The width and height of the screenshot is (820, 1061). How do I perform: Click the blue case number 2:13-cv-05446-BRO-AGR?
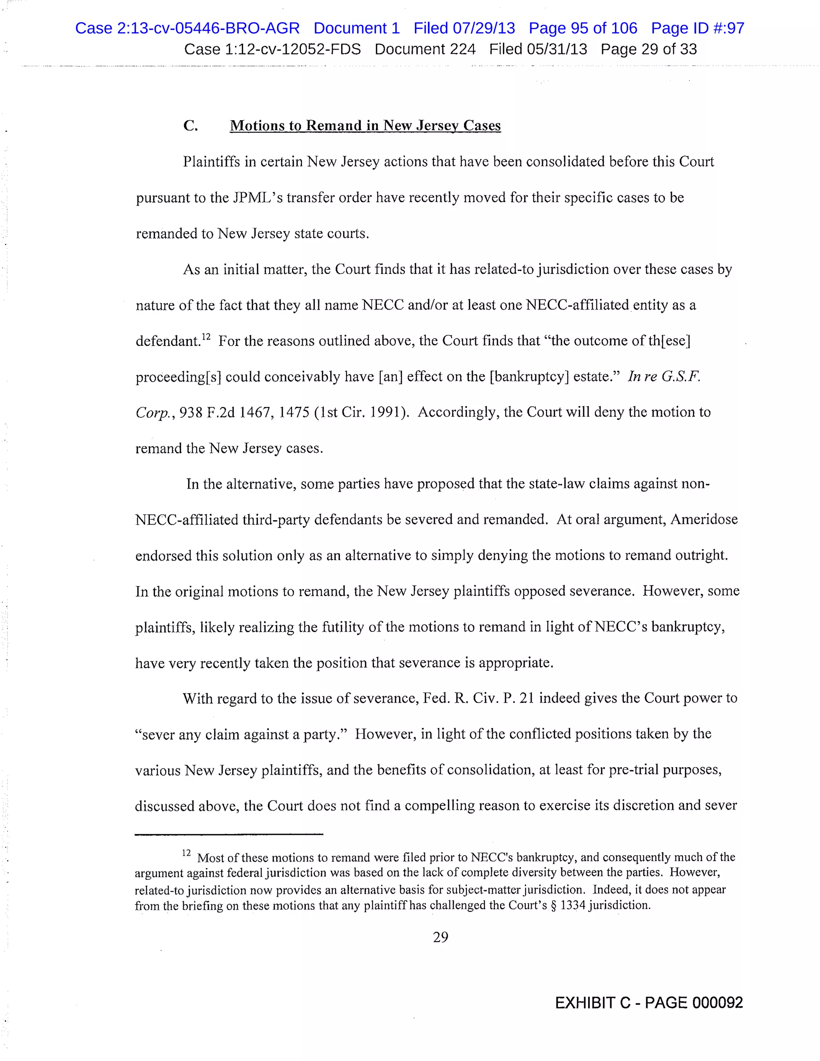tap(187, 28)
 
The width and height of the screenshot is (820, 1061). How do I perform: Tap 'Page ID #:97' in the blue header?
tap(697, 28)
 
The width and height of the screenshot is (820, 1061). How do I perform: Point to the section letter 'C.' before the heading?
tap(191, 125)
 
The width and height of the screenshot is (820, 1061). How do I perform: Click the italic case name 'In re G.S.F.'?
tap(663, 376)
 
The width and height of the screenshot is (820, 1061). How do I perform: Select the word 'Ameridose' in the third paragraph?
tap(704, 519)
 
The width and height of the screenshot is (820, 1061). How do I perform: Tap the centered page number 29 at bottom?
tap(440, 937)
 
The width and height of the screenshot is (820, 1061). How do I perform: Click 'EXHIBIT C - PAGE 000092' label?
tap(649, 1003)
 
